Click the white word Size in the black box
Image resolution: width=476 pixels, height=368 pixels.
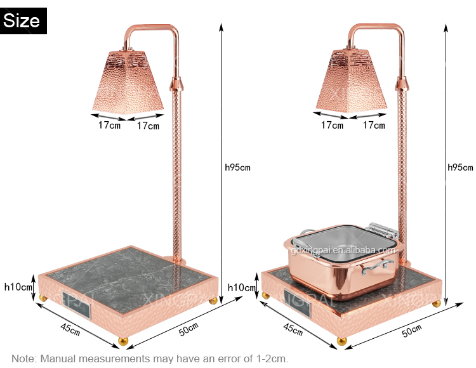[22, 20]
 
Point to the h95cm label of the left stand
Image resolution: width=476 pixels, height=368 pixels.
[238, 168]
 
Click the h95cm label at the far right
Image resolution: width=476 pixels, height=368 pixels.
[460, 168]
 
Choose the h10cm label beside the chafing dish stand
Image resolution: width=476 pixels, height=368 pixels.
[241, 287]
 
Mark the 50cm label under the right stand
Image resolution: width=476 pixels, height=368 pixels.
[411, 330]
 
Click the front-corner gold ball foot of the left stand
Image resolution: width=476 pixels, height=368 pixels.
[125, 341]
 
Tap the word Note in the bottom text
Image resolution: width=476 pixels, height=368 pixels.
[23, 358]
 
